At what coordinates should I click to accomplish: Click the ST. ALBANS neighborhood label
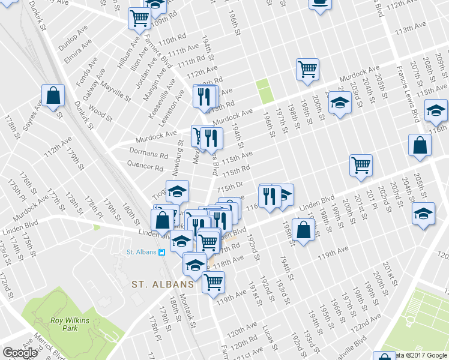click(162, 284)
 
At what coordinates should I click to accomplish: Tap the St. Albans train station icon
click(161, 252)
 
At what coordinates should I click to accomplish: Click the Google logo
click(20, 353)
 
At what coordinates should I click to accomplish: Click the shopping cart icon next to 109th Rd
click(139, 19)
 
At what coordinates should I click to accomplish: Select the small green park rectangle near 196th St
click(264, 92)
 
